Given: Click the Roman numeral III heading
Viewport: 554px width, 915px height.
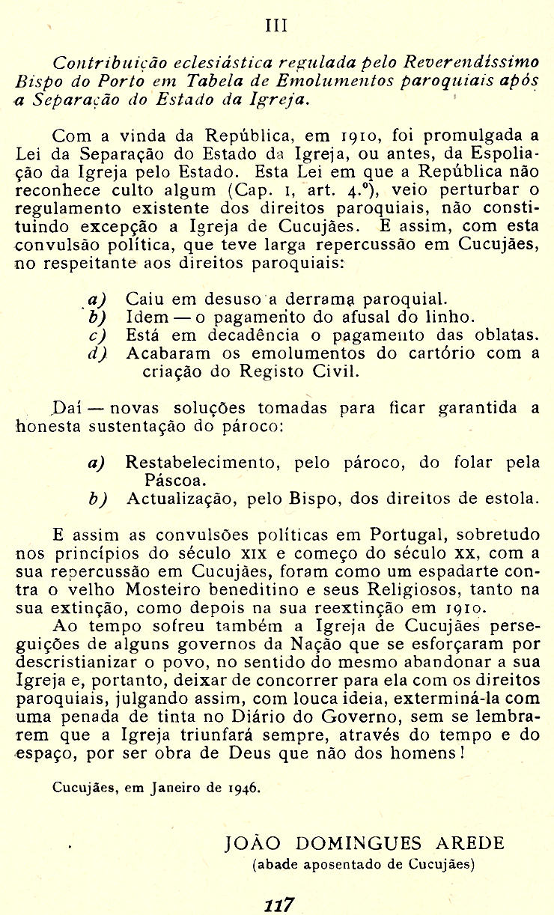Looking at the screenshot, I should point(277,25).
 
